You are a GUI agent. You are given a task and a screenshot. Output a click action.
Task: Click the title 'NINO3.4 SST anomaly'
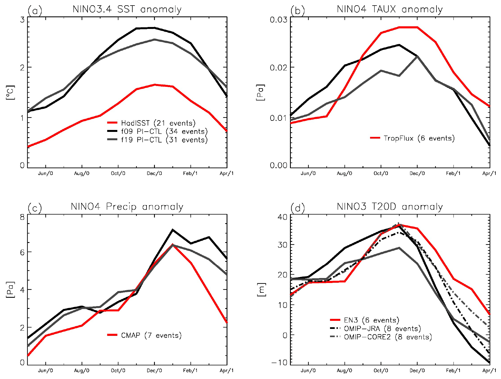tap(127, 9)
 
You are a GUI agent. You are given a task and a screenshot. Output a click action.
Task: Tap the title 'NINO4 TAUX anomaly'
tap(390, 9)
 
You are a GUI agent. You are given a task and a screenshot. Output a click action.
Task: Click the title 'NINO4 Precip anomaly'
tap(127, 207)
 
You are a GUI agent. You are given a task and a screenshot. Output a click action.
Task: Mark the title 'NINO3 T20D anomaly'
tap(390, 207)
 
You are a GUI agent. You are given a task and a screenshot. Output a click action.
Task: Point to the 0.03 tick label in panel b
tap(278, 20)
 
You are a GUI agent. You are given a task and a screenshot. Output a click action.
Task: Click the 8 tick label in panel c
tap(22, 217)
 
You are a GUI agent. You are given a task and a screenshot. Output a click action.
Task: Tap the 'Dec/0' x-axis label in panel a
tap(154, 173)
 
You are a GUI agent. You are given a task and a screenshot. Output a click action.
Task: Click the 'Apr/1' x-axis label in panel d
tap(489, 371)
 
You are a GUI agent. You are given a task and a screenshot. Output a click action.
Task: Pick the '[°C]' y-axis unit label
tap(10, 93)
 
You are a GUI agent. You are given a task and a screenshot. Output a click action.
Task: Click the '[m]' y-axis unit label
tap(261, 290)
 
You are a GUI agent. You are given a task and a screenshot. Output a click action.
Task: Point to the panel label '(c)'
tap(35, 208)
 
